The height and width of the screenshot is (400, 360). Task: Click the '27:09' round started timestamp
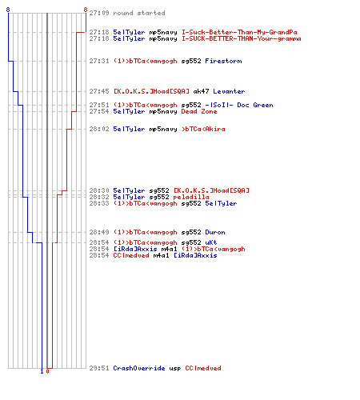[x=99, y=13]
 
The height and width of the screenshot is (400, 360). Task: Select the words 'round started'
[x=139, y=13]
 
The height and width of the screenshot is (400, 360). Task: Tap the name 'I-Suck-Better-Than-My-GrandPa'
[x=239, y=32]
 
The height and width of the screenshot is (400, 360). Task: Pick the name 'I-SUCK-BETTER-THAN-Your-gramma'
[x=242, y=38]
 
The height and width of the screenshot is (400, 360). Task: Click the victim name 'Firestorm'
[x=223, y=61]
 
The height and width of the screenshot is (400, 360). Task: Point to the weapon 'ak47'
[x=201, y=91]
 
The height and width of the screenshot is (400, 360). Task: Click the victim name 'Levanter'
[x=229, y=91]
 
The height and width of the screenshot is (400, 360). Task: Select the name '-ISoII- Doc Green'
[x=239, y=105]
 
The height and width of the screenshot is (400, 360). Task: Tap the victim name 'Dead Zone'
[x=199, y=111]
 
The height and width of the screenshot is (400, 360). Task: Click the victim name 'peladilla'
[x=191, y=197]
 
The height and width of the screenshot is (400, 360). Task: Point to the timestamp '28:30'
[x=99, y=190]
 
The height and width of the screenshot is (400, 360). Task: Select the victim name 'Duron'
[x=215, y=232]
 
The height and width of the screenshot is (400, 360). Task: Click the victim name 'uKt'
[x=211, y=242]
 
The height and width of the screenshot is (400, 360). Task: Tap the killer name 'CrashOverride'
[x=139, y=368]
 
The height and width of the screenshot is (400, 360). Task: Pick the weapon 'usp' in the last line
[x=175, y=368]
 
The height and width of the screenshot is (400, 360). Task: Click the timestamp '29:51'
[x=99, y=368]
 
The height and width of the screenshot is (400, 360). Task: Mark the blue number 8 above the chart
[x=8, y=10]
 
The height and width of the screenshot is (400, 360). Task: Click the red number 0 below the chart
[x=47, y=371]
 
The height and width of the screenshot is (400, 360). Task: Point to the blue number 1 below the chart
[x=42, y=371]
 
